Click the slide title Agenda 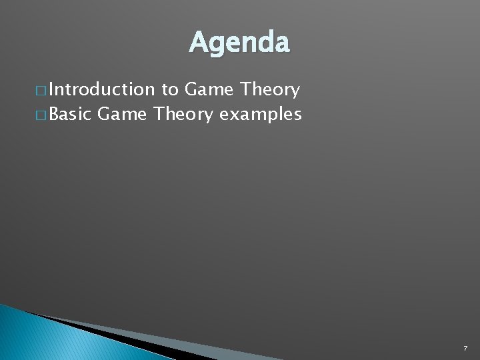(239, 43)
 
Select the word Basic (70, 114)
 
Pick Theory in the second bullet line (183, 114)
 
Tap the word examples (261, 115)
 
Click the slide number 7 (464, 349)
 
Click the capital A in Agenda (198, 43)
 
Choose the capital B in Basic (54, 114)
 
